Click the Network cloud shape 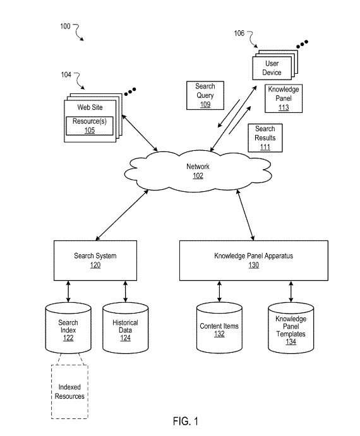[198, 171]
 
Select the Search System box [95, 260]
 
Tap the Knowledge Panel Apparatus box [254, 260]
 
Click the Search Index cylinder [68, 328]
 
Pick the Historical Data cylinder [125, 328]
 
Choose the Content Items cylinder [219, 328]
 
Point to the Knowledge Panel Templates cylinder [291, 328]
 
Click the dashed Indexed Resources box [69, 391]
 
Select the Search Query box [205, 95]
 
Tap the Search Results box [265, 138]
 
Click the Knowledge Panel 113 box [284, 98]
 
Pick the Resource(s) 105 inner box [90, 126]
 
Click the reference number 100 [65, 27]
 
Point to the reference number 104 [66, 75]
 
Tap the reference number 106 [239, 33]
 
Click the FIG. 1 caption [186, 421]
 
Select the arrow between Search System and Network [122, 215]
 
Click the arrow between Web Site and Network [140, 133]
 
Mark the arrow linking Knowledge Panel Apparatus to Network [245, 215]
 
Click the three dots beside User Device [302, 44]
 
